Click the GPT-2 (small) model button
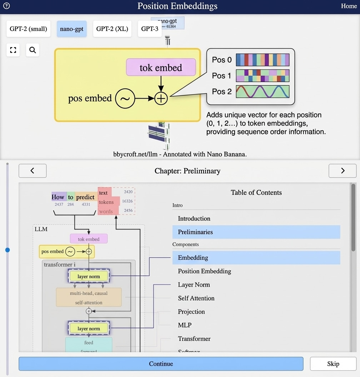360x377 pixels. pyautogui.click(x=28, y=29)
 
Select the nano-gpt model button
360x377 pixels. pyautogui.click(x=71, y=29)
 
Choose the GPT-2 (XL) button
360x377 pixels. pyautogui.click(x=112, y=29)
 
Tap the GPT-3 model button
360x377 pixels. pyautogui.click(x=150, y=29)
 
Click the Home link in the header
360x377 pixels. pyautogui.click(x=349, y=6)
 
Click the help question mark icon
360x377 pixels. pyautogui.click(x=6, y=6)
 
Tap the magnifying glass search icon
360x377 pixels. pyautogui.click(x=32, y=50)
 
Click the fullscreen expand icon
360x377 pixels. pyautogui.click(x=13, y=50)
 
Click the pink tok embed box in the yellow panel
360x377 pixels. pyautogui.click(x=161, y=68)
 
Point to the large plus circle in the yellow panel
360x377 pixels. pyautogui.click(x=161, y=98)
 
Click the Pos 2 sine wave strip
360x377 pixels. pyautogui.click(x=262, y=92)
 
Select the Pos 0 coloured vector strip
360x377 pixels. pyautogui.click(x=262, y=60)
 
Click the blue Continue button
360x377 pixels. pyautogui.click(x=161, y=364)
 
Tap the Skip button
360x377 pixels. pyautogui.click(x=333, y=364)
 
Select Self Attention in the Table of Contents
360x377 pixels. pyautogui.click(x=196, y=298)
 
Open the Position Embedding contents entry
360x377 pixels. pyautogui.click(x=204, y=271)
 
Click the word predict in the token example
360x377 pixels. pyautogui.click(x=85, y=197)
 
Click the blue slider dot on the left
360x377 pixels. pyautogui.click(x=7, y=250)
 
